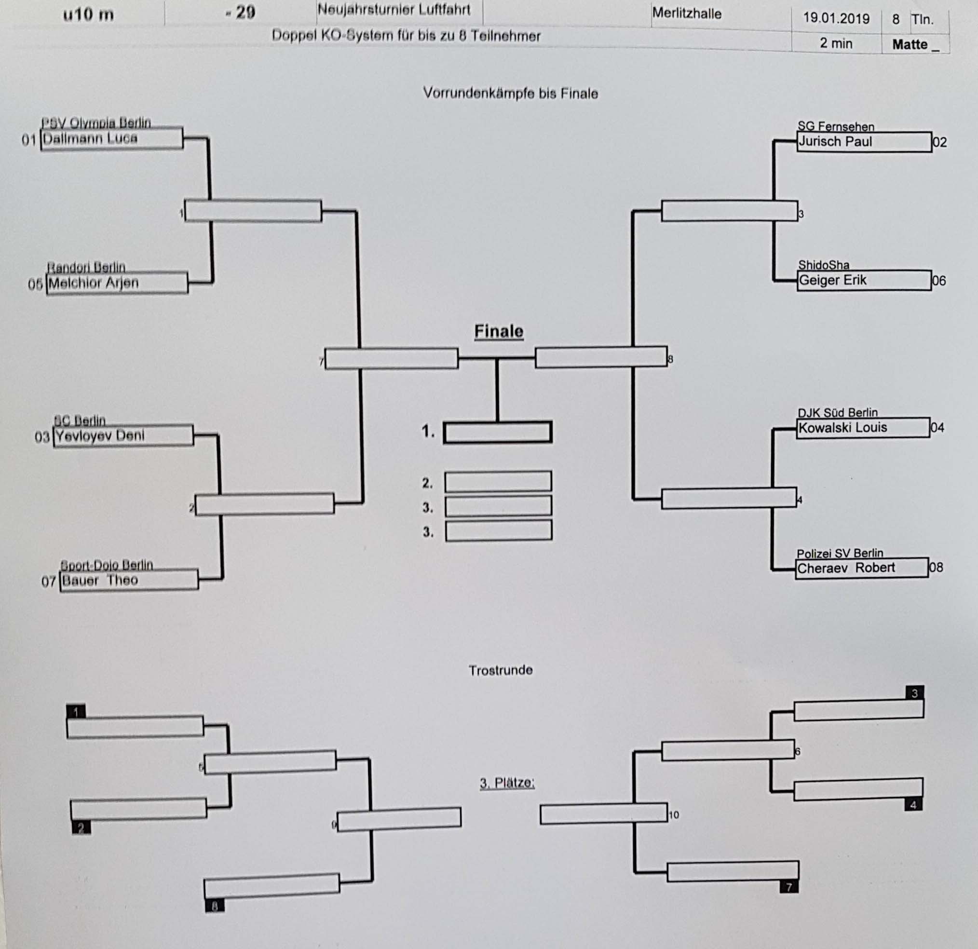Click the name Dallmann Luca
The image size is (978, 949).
click(90, 138)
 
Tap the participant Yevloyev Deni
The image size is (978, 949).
click(100, 435)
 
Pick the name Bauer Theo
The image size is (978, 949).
click(100, 580)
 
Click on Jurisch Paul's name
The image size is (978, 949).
click(835, 142)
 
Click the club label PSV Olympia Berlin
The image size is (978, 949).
click(96, 123)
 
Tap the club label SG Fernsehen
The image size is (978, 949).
click(835, 126)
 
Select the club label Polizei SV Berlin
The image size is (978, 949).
click(839, 553)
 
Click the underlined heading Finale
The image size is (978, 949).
click(499, 331)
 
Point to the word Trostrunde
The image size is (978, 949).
click(501, 670)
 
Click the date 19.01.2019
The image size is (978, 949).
click(836, 19)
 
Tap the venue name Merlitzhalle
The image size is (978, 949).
click(687, 14)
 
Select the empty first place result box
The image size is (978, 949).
click(498, 432)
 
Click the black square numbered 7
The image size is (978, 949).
click(788, 887)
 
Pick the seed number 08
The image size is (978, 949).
click(936, 568)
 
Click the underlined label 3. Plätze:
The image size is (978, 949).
click(507, 783)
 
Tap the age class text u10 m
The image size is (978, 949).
click(88, 14)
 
